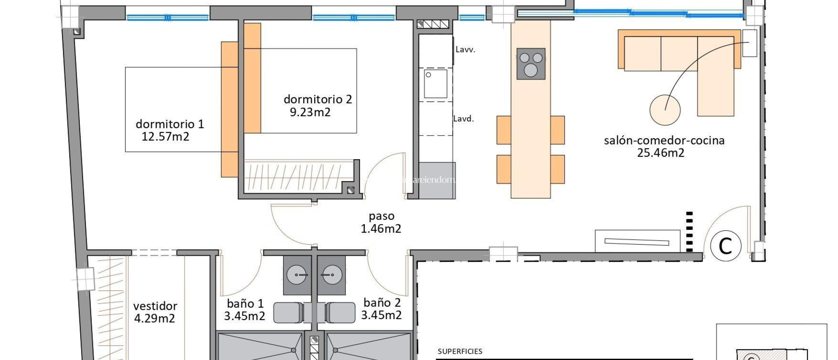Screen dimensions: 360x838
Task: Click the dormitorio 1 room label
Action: point(169,124)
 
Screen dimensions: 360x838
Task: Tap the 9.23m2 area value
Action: point(310,112)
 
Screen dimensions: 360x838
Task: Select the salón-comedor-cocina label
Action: point(664,140)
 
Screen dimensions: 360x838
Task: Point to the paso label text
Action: point(381,216)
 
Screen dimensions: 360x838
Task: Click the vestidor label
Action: point(155,306)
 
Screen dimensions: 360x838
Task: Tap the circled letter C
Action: point(725,246)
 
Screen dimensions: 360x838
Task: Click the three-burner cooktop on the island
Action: point(531,63)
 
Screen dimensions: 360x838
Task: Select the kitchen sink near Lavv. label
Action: point(435,84)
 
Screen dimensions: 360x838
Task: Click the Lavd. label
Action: point(463,119)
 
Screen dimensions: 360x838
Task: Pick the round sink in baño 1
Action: point(296,275)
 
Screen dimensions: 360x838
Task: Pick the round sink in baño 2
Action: point(331,275)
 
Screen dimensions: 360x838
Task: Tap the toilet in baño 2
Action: point(340,313)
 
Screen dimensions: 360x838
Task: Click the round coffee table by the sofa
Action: point(665,110)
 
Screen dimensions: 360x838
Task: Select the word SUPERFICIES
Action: point(460,351)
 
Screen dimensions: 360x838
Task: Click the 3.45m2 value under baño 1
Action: point(244,316)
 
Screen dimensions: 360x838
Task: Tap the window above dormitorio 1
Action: point(167,18)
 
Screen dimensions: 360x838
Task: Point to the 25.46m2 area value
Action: point(660,153)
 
